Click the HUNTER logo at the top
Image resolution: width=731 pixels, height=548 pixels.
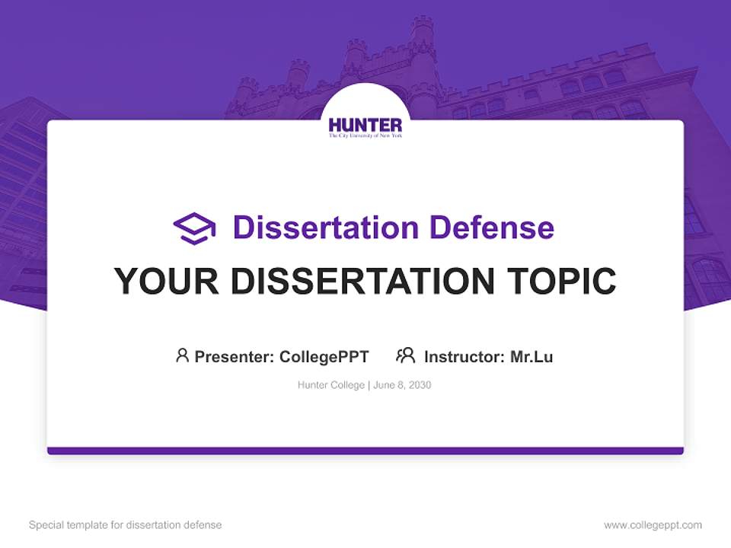click(365, 125)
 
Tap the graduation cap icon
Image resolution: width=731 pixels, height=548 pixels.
click(194, 228)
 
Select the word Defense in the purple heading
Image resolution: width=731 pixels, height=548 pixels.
click(491, 228)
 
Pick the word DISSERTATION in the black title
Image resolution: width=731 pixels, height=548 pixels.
click(362, 281)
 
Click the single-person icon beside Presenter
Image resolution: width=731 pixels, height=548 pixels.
click(182, 355)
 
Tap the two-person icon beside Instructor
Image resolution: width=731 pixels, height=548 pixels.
click(405, 355)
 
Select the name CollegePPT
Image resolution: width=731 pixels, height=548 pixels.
click(324, 356)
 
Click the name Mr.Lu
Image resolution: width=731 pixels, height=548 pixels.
click(531, 356)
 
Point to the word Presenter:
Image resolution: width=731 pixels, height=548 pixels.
click(235, 356)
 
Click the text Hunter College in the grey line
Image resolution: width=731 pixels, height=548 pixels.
click(331, 385)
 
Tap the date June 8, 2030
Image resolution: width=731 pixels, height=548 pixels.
click(402, 385)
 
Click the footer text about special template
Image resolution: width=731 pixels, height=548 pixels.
click(126, 525)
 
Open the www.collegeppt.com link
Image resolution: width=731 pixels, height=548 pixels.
click(653, 525)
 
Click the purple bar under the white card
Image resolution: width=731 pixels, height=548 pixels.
click(365, 451)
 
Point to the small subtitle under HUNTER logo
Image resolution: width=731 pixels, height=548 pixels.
click(365, 135)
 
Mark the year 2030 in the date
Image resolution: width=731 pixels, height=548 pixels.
click(419, 385)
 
